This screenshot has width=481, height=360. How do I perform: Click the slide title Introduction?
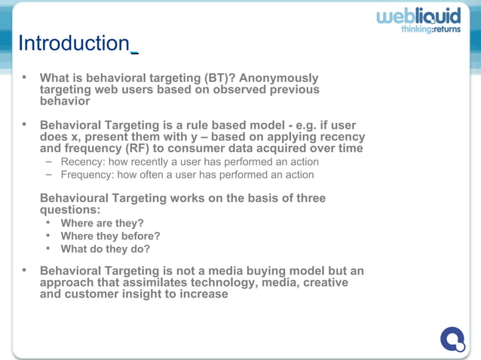pyautogui.click(x=74, y=44)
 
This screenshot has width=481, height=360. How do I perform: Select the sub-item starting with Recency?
pyautogui.click(x=186, y=162)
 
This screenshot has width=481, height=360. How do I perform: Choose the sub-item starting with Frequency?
pyautogui.click(x=187, y=175)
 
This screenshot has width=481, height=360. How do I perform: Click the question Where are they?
pyautogui.click(x=102, y=224)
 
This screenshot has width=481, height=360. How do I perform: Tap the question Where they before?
pyautogui.click(x=110, y=236)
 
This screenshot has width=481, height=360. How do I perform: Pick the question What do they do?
pyautogui.click(x=105, y=249)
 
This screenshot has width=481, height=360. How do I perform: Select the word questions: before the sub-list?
pyautogui.click(x=69, y=210)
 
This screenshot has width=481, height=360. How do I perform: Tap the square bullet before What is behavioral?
pyautogui.click(x=23, y=77)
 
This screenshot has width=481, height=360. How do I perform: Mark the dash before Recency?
pyautogui.click(x=49, y=162)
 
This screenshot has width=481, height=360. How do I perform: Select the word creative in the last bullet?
pyautogui.click(x=323, y=282)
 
